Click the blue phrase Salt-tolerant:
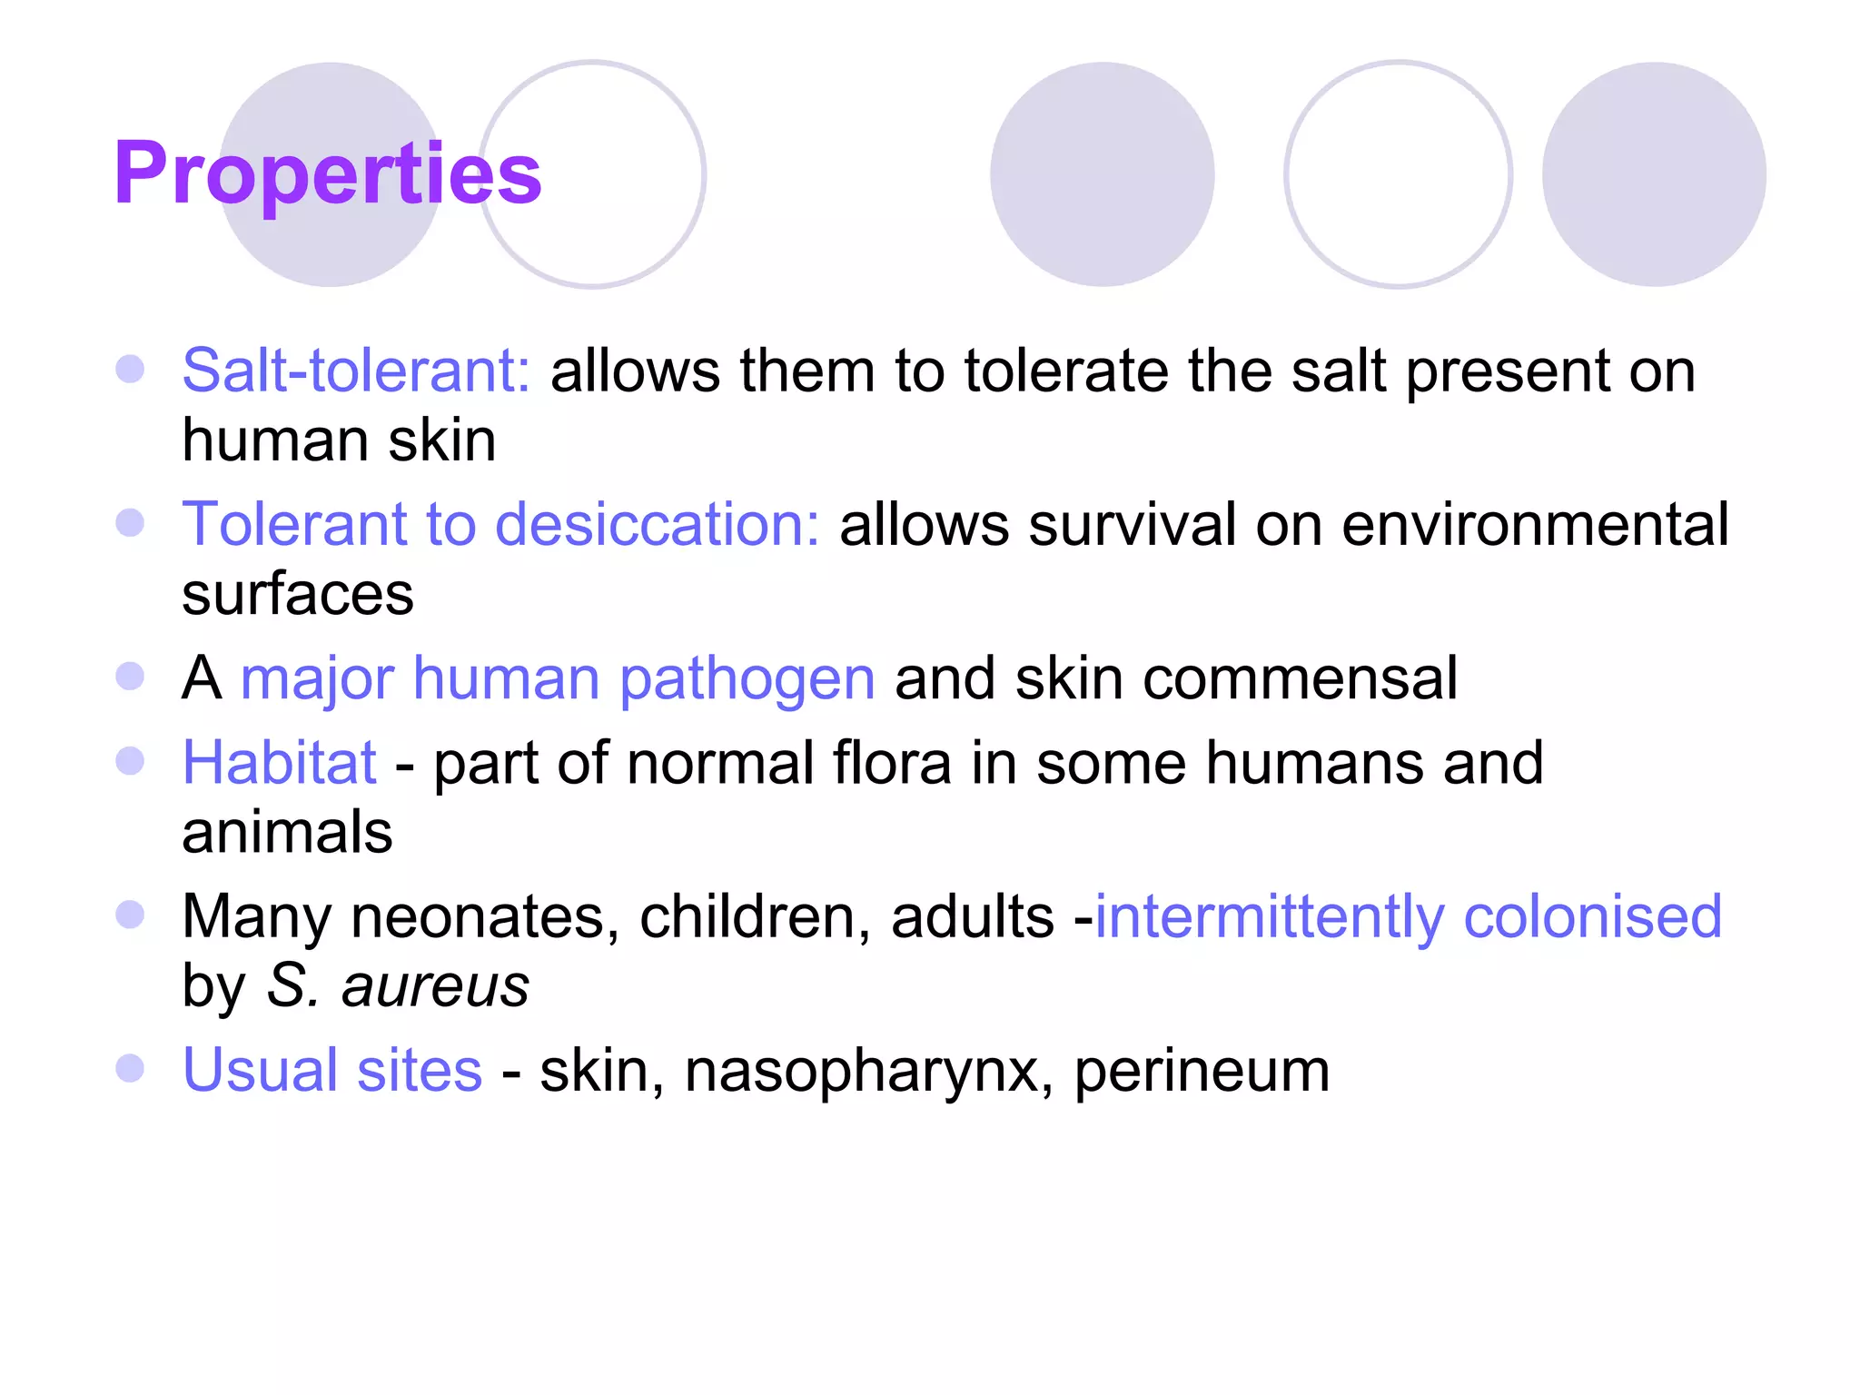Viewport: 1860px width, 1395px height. point(356,371)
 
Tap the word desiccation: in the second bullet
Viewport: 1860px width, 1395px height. point(657,524)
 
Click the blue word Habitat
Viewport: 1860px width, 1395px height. point(279,762)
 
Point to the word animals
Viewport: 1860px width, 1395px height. point(287,832)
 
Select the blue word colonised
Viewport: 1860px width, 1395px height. point(1592,915)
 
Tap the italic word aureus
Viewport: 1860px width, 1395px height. point(435,985)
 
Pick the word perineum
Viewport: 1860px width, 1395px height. point(1202,1070)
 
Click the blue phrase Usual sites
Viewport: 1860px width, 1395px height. point(332,1070)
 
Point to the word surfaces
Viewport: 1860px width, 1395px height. point(298,594)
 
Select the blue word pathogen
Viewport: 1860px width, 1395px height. point(747,679)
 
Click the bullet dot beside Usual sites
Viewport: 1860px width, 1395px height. point(131,1068)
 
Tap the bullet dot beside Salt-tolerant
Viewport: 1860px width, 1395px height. point(131,369)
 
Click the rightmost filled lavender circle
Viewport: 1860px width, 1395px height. point(1654,174)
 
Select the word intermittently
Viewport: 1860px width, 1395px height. point(1269,915)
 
